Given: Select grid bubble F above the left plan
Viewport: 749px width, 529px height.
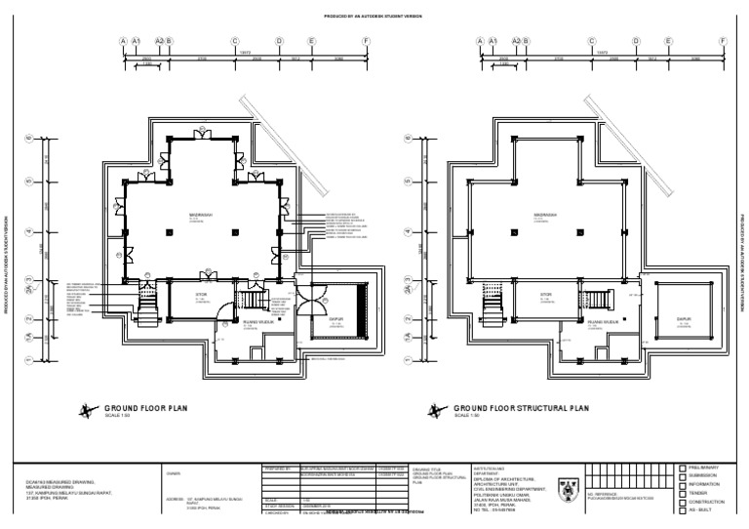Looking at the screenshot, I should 367,42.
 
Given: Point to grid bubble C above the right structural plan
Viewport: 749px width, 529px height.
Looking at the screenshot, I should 591,42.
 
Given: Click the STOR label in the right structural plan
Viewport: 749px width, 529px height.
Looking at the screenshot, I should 547,293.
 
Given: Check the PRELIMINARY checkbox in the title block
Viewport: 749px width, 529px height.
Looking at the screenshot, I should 683,468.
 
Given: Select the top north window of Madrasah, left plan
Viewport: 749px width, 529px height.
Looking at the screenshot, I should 203,138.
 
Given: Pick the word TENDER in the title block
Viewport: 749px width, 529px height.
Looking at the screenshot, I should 701,493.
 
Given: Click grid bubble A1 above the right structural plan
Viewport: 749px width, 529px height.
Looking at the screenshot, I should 493,42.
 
